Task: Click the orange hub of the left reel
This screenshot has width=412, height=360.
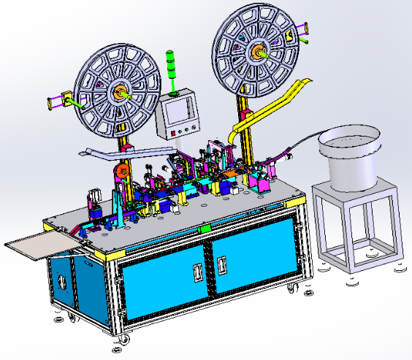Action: [118, 93]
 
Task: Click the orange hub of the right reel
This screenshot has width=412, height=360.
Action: [259, 52]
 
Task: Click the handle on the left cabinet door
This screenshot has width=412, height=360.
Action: [196, 272]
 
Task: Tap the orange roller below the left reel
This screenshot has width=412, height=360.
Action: [122, 174]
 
